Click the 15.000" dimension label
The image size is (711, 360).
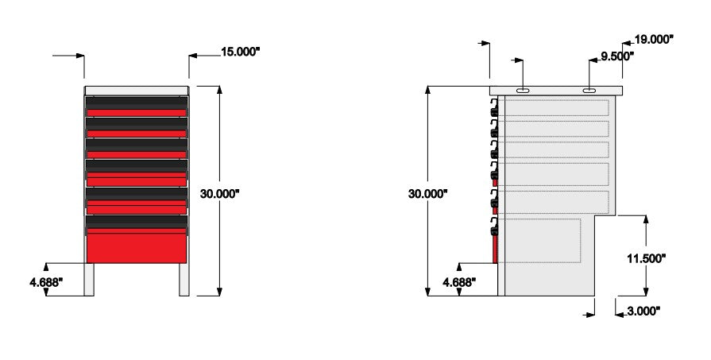[x=241, y=52]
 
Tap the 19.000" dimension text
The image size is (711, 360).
[x=654, y=38]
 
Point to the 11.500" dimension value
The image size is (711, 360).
[x=646, y=257]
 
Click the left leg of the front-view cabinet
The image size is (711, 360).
[x=89, y=279]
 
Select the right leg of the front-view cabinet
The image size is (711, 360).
[x=184, y=279]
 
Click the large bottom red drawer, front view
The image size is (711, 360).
[x=136, y=247]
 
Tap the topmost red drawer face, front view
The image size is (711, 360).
[x=136, y=113]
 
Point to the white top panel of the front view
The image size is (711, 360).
[x=136, y=91]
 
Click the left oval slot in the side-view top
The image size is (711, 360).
[x=524, y=91]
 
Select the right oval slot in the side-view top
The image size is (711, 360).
[x=592, y=91]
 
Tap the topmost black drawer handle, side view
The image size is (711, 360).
[x=494, y=108]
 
